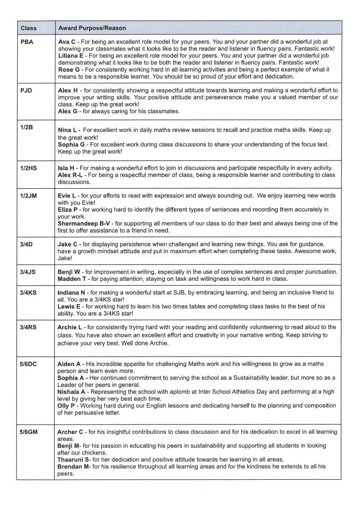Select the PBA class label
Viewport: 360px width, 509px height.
[27, 42]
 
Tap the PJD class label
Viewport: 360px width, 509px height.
[27, 90]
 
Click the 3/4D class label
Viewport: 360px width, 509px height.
[27, 244]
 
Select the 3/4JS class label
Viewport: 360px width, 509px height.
[29, 272]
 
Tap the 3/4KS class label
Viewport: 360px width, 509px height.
[29, 292]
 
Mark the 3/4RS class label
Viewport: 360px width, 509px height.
[29, 327]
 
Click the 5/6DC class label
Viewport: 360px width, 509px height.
[29, 364]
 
